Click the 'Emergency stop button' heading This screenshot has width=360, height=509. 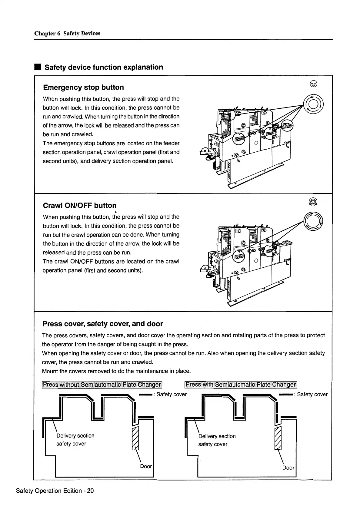tap(83, 88)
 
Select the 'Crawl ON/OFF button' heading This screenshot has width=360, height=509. tap(80, 206)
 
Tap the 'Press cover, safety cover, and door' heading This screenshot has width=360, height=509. tap(103, 324)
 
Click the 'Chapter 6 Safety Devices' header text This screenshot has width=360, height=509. tap(67, 33)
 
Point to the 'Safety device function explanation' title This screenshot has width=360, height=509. tap(104, 67)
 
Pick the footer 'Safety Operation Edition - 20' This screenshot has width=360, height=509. tap(55, 491)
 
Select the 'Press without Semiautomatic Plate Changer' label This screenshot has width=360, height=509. tap(102, 385)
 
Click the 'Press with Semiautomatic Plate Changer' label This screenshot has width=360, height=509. tap(241, 385)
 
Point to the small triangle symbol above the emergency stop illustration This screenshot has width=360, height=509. tap(314, 84)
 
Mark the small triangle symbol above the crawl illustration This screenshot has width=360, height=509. tap(313, 202)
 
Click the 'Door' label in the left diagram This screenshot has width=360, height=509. tap(146, 466)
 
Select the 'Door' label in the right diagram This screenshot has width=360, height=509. tap(288, 468)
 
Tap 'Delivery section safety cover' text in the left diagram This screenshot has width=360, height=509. tap(75, 440)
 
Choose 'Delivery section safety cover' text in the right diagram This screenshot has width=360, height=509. tap(217, 440)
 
